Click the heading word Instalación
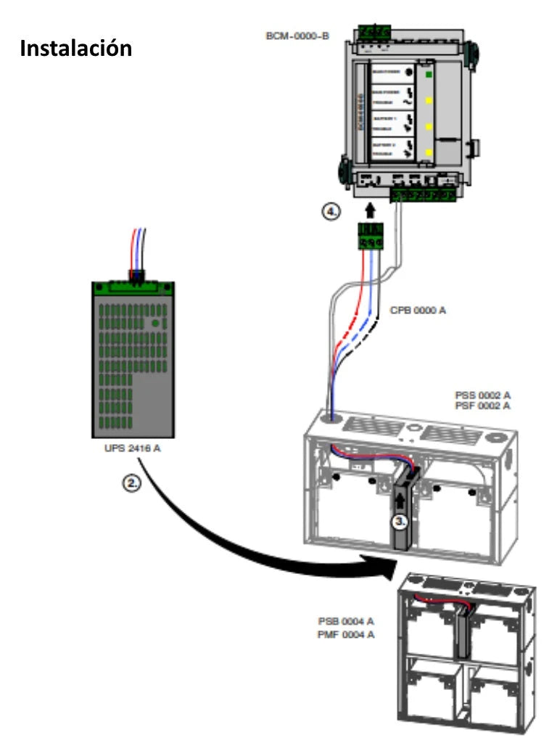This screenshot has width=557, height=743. pyautogui.click(x=76, y=48)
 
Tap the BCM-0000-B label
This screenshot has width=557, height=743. pyautogui.click(x=298, y=34)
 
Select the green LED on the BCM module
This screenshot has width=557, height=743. pyautogui.click(x=429, y=74)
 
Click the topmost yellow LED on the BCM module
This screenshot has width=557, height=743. pyautogui.click(x=429, y=100)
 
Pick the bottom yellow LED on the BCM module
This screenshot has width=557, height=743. pyautogui.click(x=429, y=152)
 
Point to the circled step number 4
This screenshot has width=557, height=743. pyautogui.click(x=330, y=213)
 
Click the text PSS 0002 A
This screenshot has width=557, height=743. pyautogui.click(x=482, y=395)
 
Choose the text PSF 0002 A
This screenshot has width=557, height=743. pyautogui.click(x=482, y=405)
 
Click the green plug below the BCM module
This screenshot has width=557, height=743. pyautogui.click(x=370, y=237)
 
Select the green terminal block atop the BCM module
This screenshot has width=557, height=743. pyautogui.click(x=374, y=32)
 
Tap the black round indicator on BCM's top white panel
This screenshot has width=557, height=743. pyautogui.click(x=408, y=74)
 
